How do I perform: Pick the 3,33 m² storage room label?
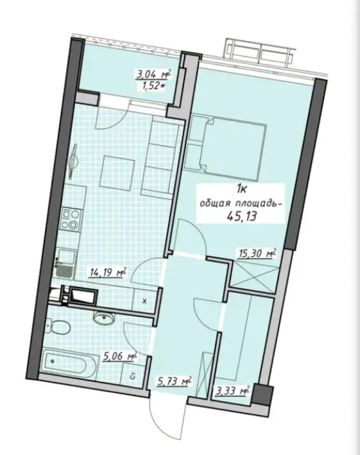click(233, 390)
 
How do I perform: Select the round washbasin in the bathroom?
click(101, 317)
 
